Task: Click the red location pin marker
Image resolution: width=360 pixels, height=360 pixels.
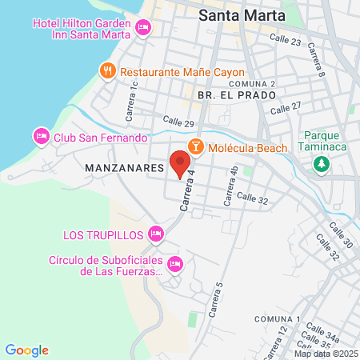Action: point(180,162)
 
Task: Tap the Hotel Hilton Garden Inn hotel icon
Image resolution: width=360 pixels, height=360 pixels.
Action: point(143,28)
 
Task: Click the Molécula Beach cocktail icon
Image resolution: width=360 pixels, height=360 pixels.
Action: point(194,147)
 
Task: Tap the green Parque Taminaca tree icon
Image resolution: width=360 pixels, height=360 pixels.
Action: point(321,164)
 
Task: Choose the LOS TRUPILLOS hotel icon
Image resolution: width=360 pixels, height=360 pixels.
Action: point(156,234)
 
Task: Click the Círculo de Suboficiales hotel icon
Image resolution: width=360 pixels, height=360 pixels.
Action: point(176,264)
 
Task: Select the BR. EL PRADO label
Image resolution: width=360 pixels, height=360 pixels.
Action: point(235,95)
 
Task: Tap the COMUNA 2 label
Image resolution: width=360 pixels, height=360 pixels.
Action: point(251,83)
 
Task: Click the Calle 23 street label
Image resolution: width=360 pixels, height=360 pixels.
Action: point(285,40)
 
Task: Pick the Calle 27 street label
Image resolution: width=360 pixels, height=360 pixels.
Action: point(286,106)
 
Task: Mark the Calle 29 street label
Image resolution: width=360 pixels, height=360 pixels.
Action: point(178,122)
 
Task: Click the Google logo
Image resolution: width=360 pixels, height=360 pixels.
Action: point(26,350)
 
